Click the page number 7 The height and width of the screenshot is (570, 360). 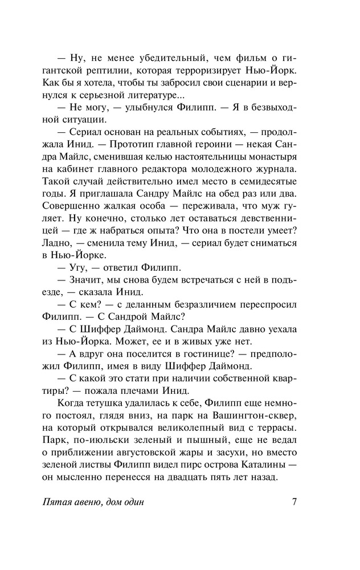(294, 502)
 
